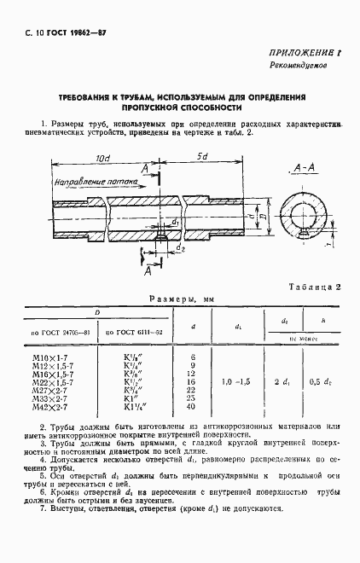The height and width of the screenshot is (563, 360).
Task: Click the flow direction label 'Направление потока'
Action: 90,183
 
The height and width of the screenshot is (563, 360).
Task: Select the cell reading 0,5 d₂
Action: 319,380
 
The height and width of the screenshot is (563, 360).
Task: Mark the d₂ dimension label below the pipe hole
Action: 182,248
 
